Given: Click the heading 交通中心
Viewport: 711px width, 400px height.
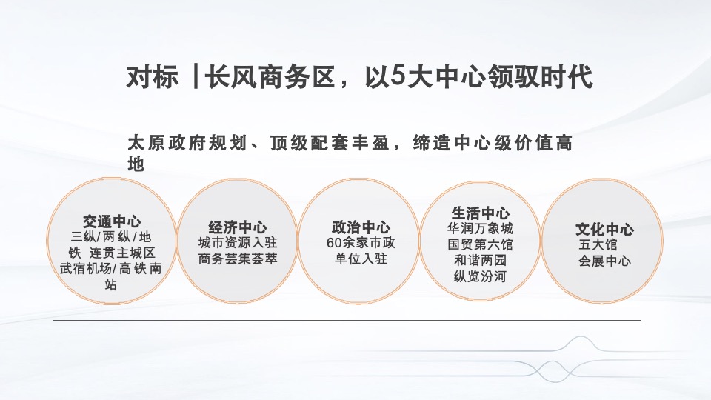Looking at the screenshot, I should pos(112,221).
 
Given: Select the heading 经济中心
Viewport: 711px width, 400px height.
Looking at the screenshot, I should pos(238,227).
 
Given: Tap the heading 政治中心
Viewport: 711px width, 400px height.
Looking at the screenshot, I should pos(361,227).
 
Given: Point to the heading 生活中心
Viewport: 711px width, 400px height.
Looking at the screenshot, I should pos(481,213).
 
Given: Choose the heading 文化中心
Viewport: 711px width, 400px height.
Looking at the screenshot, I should pos(604,229).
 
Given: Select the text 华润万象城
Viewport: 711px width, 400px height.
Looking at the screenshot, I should pos(480,228).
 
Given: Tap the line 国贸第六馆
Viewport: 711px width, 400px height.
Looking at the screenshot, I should pos(480,244).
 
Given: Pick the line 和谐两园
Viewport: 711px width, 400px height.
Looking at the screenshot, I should pos(480,261).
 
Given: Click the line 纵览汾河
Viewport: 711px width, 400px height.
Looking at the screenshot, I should pos(480,277).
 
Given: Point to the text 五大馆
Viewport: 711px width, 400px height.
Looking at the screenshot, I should pos(596,244).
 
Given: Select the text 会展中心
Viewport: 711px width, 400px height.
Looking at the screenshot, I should pos(604,261).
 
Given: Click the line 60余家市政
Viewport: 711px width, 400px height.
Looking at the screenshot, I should pos(361,243).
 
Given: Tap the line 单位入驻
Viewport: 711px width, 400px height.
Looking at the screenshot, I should pos(361,259).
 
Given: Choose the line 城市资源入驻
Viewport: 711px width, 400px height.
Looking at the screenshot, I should pos(238,243).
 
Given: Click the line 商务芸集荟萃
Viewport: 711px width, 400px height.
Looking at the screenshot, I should pos(238,259).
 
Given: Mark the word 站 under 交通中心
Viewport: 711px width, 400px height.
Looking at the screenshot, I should pos(111,284).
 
